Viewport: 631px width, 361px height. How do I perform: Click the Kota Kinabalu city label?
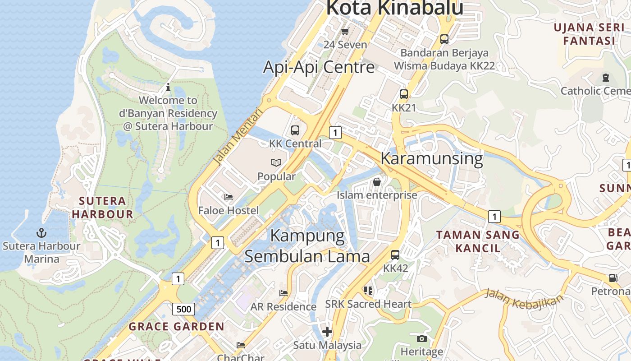(x=394, y=8)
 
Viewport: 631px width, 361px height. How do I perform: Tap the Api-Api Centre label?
(x=319, y=67)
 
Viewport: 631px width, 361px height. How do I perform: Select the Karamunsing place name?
(x=431, y=159)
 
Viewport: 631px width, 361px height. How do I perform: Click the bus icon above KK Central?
(x=295, y=130)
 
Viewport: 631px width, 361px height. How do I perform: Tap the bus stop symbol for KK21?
(x=404, y=94)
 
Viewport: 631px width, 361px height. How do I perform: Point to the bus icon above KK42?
(x=395, y=255)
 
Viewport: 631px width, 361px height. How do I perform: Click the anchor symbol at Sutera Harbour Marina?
(x=41, y=233)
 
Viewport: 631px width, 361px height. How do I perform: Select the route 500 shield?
(x=183, y=309)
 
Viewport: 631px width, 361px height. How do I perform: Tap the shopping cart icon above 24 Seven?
(x=345, y=31)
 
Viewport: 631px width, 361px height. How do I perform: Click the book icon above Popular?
(x=276, y=162)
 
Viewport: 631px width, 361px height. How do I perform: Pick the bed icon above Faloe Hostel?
(x=229, y=197)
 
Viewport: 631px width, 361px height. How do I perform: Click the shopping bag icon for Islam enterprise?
(x=377, y=181)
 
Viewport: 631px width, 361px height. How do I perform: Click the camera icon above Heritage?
(x=422, y=338)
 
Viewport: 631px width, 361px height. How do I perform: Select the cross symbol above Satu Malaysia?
(x=327, y=332)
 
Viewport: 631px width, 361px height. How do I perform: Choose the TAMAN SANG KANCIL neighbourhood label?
(x=478, y=241)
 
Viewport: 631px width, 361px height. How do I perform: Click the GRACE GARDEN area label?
(x=176, y=326)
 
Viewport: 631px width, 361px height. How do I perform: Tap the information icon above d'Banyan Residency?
(x=168, y=87)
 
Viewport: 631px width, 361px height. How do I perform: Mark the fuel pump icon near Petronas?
(x=613, y=278)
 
